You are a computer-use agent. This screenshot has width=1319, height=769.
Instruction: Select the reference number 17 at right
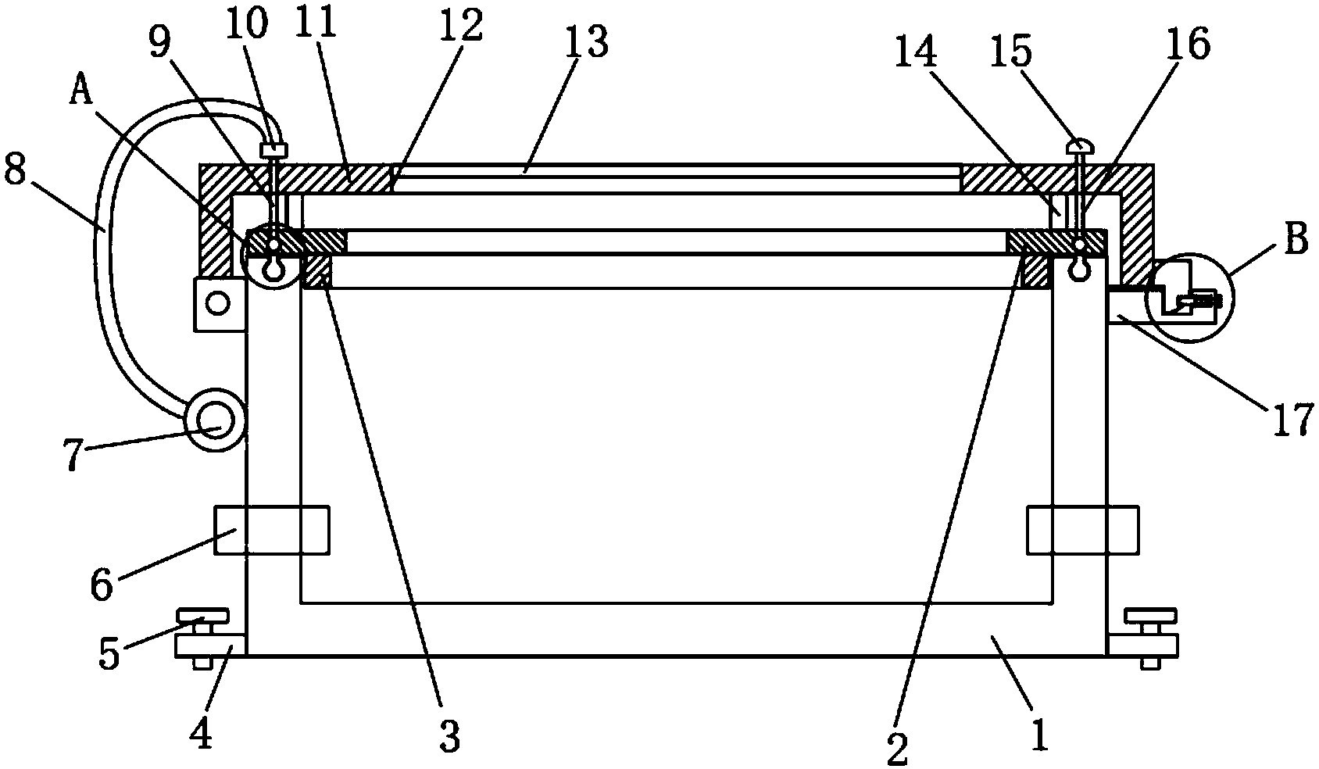[1292, 422]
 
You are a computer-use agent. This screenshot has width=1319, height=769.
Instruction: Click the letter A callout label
[80, 93]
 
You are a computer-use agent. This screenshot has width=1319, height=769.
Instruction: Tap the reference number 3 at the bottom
[449, 736]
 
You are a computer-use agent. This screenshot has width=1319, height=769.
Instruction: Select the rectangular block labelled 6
[271, 531]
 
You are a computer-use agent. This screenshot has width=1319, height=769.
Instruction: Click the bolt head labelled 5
[202, 617]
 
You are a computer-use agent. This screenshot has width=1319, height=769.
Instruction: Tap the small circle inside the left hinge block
[218, 302]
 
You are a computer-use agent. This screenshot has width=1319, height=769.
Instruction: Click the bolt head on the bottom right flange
[1149, 617]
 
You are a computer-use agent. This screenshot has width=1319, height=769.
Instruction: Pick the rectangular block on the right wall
[1083, 531]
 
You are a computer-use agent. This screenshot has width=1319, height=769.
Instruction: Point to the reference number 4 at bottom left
[202, 735]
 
